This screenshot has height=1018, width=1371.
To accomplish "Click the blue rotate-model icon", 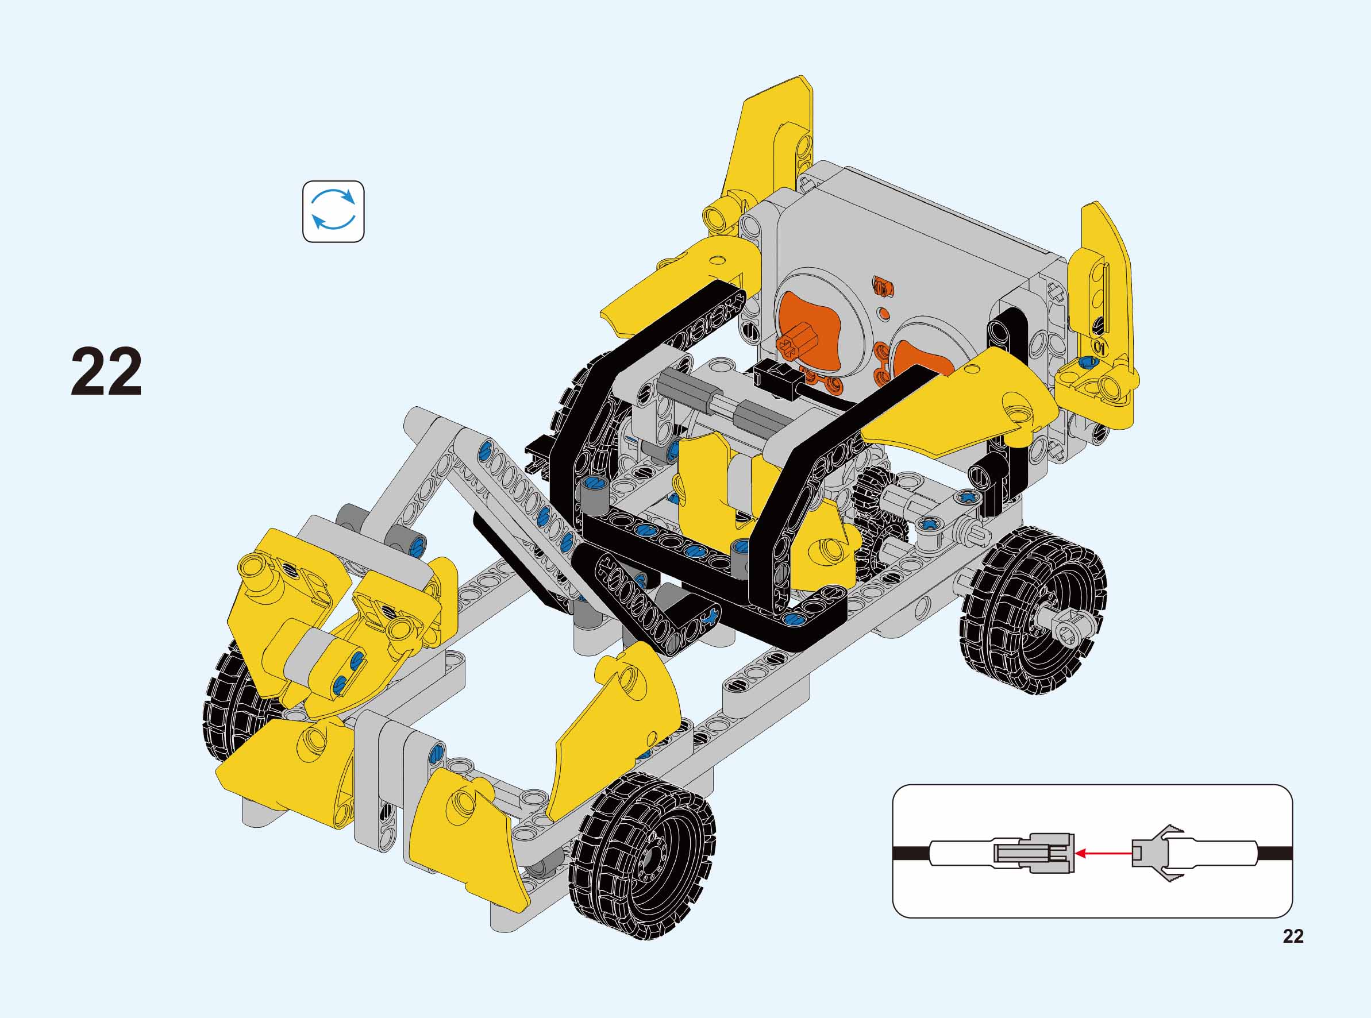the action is pyautogui.click(x=333, y=211).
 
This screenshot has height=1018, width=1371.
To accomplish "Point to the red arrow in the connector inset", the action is pyautogui.click(x=1104, y=854).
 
